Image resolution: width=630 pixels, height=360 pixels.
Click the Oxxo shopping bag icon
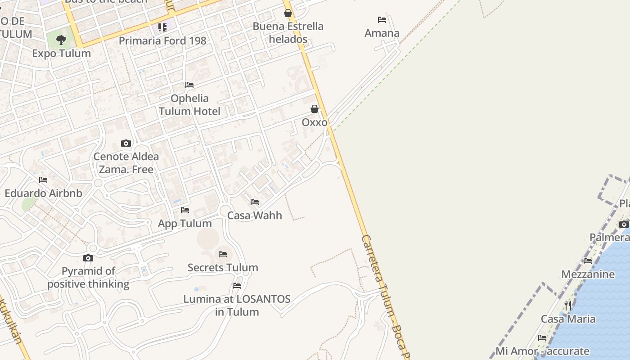315,109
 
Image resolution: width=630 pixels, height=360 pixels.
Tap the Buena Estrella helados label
288,32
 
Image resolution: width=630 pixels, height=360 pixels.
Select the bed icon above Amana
382,20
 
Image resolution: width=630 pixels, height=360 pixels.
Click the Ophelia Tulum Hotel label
189,105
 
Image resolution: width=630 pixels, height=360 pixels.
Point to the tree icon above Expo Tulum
61,40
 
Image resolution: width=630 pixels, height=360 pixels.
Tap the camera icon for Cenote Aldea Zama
126,144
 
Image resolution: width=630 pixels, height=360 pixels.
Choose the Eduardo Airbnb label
43,193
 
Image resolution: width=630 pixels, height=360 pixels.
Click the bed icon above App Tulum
185,210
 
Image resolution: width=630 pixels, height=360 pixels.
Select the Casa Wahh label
255,216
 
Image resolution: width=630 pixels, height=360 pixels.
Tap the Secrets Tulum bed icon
223,254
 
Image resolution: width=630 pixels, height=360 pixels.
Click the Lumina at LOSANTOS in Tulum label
237,306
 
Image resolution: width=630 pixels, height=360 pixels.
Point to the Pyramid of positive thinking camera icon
88,258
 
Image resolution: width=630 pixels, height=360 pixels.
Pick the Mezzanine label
588,274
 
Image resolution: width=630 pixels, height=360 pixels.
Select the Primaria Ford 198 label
162,40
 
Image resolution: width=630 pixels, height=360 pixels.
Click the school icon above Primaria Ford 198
162,27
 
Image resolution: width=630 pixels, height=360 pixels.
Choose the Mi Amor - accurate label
542,351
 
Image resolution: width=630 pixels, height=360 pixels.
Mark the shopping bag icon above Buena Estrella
288,13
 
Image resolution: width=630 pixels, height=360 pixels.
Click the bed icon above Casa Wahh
255,202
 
